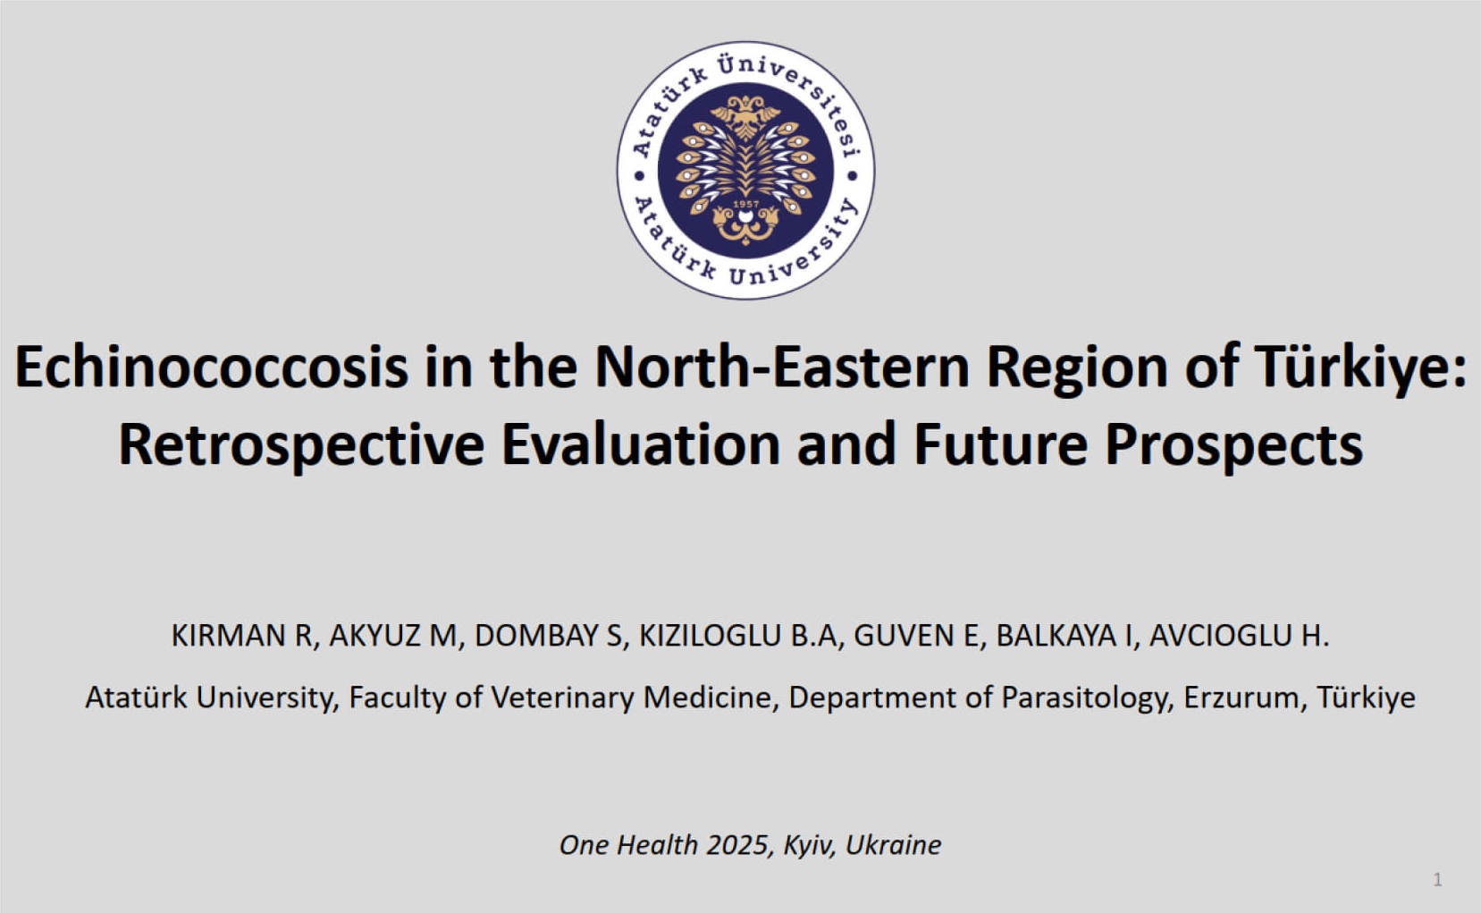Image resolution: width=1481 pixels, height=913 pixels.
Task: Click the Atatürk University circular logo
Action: (745, 170)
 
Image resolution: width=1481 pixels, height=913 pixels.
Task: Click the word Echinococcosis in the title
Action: (212, 368)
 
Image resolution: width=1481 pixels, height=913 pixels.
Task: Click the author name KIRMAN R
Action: (241, 636)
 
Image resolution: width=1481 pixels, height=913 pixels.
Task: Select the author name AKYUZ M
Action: (393, 636)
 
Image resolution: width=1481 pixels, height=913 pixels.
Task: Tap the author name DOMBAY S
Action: (549, 636)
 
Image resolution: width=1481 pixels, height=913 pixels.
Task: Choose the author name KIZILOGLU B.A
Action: (738, 636)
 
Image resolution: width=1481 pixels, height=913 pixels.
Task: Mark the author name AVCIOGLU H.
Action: (1239, 636)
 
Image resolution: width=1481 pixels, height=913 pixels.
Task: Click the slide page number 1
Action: (1437, 880)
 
